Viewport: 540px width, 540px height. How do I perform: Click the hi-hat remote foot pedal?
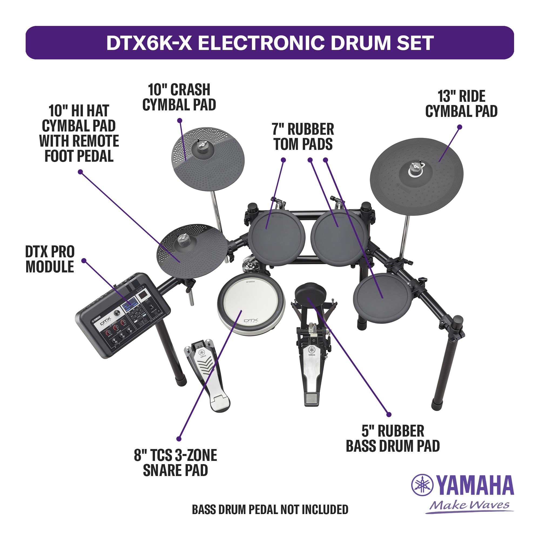208,374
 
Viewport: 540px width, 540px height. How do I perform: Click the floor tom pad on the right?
382,299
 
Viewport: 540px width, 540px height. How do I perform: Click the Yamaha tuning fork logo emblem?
422,485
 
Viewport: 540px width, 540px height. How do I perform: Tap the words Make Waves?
470,505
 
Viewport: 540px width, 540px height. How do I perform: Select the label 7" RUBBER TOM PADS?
303,137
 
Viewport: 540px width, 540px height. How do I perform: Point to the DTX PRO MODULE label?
50,259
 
